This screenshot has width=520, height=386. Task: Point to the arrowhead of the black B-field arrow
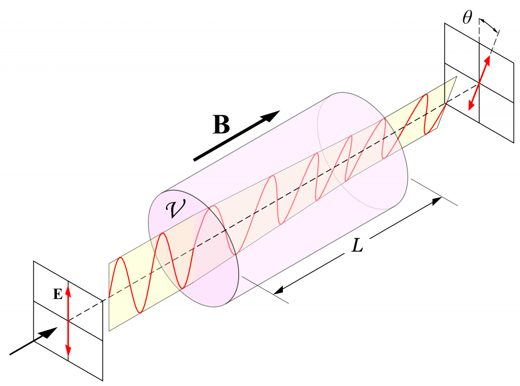pos(274,114)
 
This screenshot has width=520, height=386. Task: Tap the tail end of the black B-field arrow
pos(196,159)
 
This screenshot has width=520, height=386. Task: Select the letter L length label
pos(357,247)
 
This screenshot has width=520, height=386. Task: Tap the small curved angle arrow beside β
pos(489,24)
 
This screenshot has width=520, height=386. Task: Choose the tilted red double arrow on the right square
pos(479,83)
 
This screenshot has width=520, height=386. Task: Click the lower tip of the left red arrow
pos(68,354)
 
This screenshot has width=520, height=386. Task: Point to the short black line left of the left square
pos(21,348)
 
